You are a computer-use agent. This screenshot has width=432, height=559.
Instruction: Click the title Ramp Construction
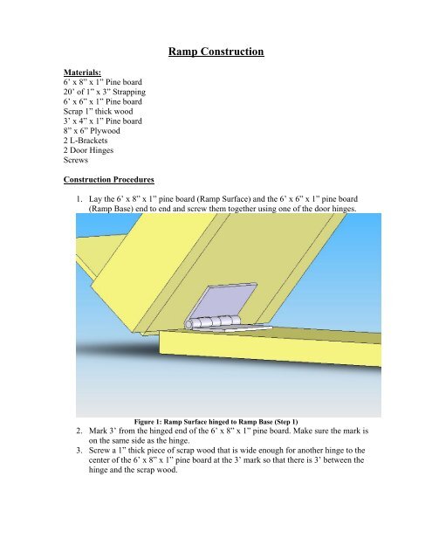216,54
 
